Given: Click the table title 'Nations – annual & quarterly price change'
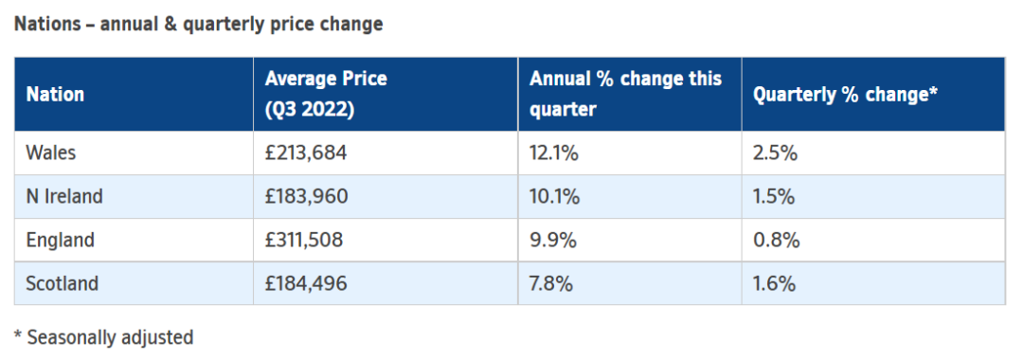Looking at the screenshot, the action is coord(198,25).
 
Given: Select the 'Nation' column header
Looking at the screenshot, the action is coord(56,95).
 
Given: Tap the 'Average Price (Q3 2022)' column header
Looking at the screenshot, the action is coord(326,94).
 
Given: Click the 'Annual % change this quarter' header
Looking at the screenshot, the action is coord(626,94).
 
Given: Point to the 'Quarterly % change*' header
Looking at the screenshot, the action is coord(846,96).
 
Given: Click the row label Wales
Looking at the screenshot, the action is coord(51,153).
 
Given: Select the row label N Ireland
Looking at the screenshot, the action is coord(64,196).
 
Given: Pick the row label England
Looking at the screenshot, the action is coord(60,241).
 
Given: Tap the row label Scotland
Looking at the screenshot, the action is coord(62,283).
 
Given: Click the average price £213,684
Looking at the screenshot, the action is coord(306,153).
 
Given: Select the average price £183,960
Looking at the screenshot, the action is coord(307,197).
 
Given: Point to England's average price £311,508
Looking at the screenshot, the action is coord(303,241).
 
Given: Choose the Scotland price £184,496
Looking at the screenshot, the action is coord(306,284).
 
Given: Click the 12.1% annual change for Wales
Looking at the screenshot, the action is coord(554,153).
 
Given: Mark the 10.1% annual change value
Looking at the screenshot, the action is coord(554,197).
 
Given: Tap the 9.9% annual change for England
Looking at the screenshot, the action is coord(552,241).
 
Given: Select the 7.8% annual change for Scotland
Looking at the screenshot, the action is coord(551,284).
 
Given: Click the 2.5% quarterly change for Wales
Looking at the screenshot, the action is coord(775,153).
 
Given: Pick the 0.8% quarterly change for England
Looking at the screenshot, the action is coord(777,241).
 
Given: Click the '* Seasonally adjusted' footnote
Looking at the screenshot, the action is coord(104,337).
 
